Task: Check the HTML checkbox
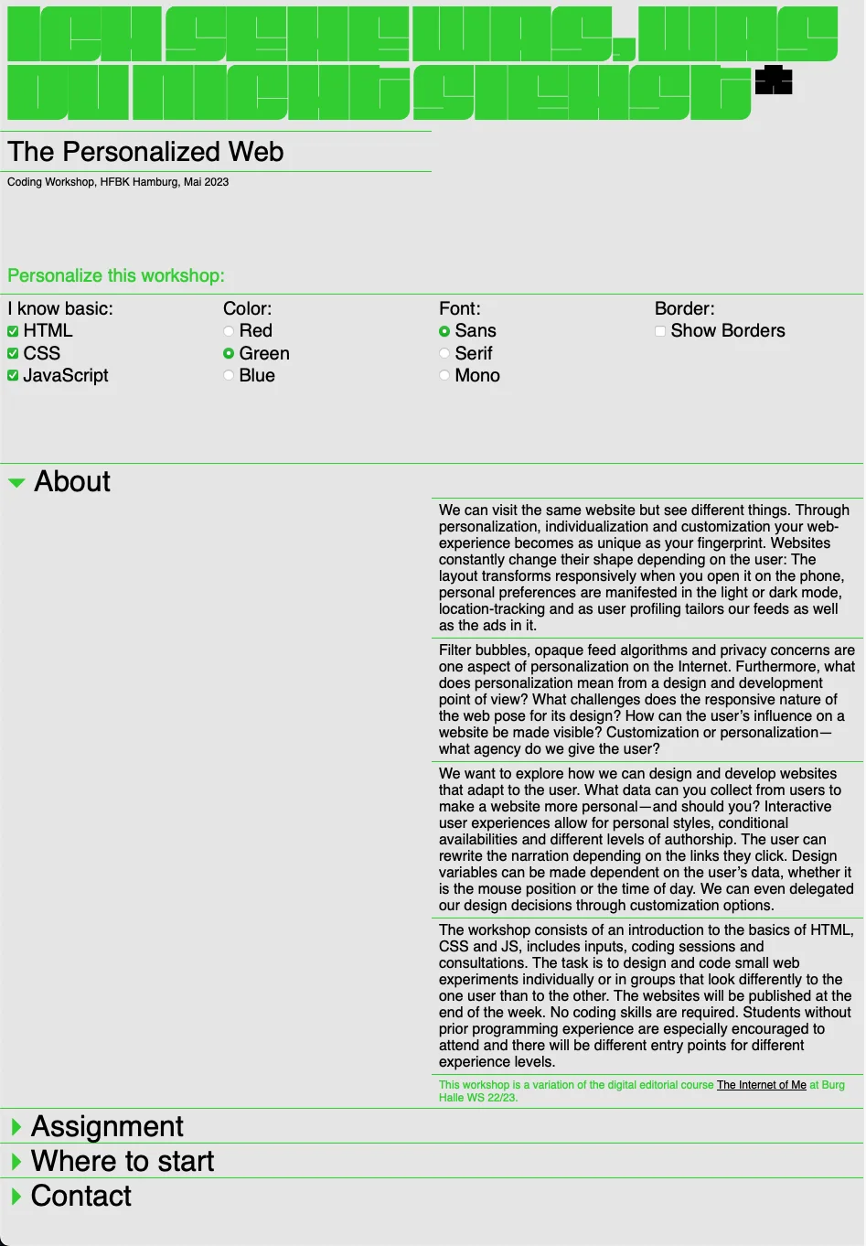(13, 331)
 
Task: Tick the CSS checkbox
(13, 353)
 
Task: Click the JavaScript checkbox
(13, 375)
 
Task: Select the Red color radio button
(229, 331)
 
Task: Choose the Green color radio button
(229, 353)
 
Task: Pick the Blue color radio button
(229, 375)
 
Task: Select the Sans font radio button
(444, 331)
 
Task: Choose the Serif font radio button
(444, 353)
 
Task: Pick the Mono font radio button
(444, 375)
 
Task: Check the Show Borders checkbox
(660, 331)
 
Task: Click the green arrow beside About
(16, 483)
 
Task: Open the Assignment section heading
(107, 1126)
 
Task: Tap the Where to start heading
(123, 1161)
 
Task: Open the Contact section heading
(81, 1196)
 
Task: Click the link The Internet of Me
(761, 1085)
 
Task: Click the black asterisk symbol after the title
(774, 81)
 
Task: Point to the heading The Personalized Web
(146, 152)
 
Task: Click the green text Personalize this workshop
(116, 275)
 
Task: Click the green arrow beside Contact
(16, 1196)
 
